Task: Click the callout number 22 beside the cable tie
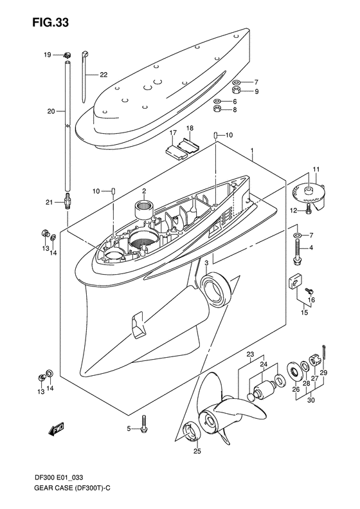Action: pos(103,75)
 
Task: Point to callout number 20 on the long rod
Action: pos(51,111)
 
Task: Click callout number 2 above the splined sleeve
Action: pos(145,191)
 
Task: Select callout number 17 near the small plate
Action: pos(172,133)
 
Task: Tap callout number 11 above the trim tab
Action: pos(315,169)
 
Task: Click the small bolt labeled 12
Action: pos(310,207)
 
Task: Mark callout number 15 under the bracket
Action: pos(304,313)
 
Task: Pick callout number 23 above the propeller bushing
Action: pos(250,354)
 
